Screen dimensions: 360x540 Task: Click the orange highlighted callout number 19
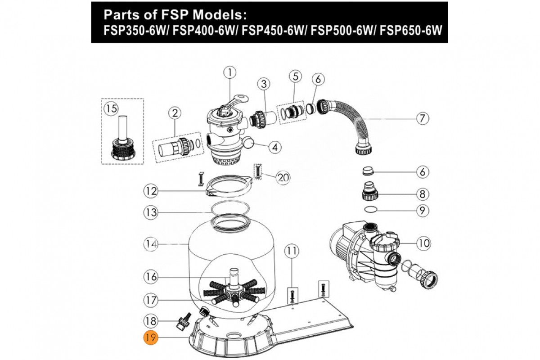[x=150, y=338]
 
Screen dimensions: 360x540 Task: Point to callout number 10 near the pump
[x=423, y=243]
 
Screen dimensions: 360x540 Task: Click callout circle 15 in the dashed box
[x=111, y=108]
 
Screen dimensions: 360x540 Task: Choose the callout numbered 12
[x=151, y=191]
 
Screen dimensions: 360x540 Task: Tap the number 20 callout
[x=283, y=178]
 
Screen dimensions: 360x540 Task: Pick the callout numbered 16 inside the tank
[x=151, y=277]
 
